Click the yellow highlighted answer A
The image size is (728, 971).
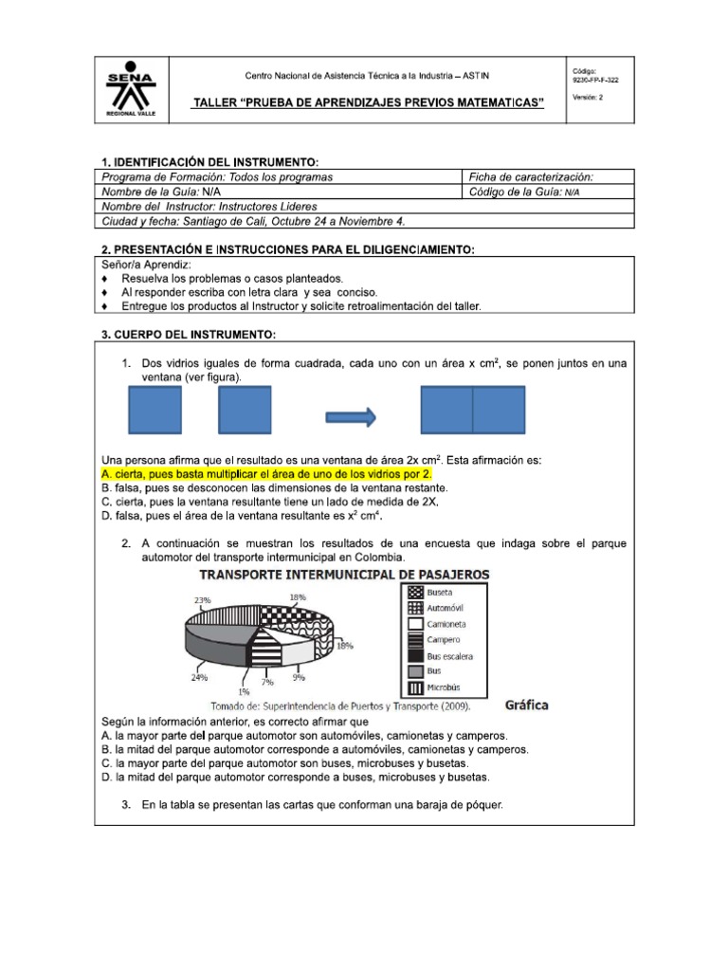[x=265, y=473]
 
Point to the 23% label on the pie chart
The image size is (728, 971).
[x=202, y=599]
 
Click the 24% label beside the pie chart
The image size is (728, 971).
[x=199, y=677]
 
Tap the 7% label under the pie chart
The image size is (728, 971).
[x=268, y=682]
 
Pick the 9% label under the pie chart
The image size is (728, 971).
[x=299, y=677]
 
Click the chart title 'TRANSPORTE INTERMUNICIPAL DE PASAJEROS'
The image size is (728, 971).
[x=344, y=575]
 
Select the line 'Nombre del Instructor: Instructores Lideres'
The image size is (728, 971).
[x=209, y=206]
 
